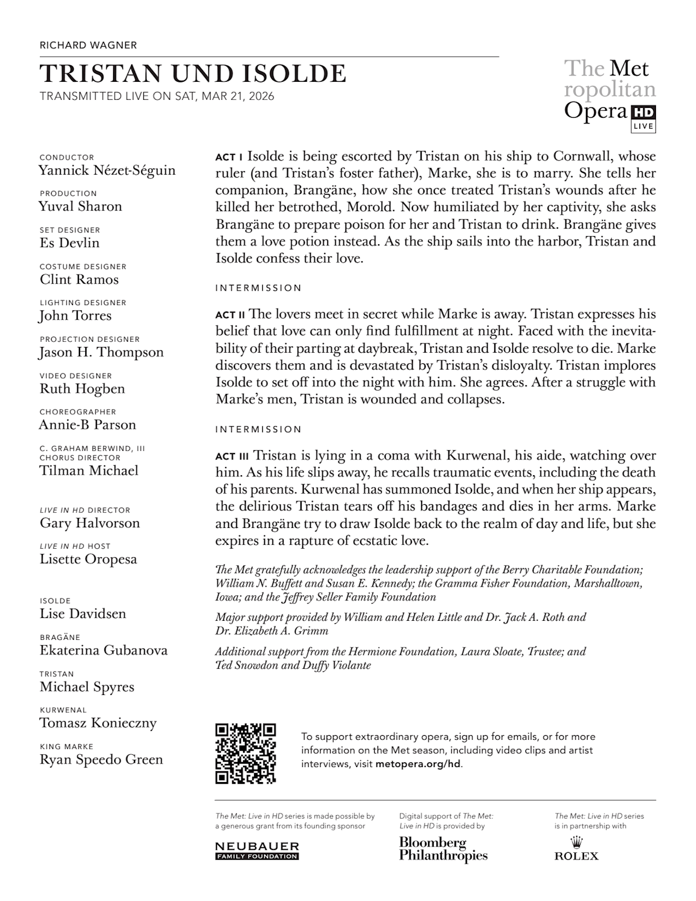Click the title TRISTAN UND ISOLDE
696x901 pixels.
click(193, 74)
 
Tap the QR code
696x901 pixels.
click(245, 753)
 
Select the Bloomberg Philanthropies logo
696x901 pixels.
click(443, 849)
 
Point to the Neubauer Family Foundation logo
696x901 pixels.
click(257, 851)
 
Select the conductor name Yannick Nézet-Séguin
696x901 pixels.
click(107, 171)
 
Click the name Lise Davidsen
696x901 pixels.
click(82, 614)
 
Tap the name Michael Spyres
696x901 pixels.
click(86, 687)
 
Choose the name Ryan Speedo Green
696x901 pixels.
click(101, 760)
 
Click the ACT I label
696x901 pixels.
click(229, 157)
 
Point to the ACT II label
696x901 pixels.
click(230, 315)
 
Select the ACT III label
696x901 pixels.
click(231, 457)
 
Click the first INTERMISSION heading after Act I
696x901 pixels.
click(258, 288)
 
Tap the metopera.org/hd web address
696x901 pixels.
click(418, 764)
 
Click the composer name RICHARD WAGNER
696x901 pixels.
click(88, 45)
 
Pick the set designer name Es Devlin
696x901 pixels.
click(70, 243)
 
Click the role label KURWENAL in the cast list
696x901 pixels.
click(63, 710)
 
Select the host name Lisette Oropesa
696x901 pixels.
click(88, 559)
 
